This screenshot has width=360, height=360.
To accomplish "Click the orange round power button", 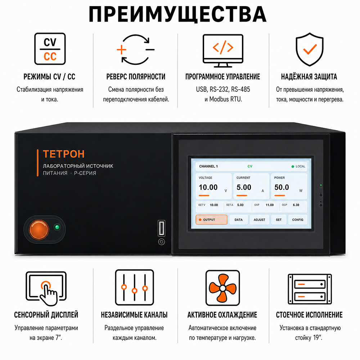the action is point(39,229).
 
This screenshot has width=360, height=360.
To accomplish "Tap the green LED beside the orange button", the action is point(57,227).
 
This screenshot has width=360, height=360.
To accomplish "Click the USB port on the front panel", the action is point(161,228).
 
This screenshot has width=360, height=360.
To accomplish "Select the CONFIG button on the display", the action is point(298,220).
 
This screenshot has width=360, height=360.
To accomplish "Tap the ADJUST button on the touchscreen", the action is point(260,220).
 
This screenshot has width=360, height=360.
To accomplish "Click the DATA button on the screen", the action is point(239,220).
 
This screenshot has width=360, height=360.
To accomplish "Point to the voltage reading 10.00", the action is point(208,187).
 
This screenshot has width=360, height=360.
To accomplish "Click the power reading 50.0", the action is point(282,187).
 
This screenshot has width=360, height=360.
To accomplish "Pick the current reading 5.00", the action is point(244,187).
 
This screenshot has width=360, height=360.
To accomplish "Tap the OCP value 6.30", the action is point(296,205).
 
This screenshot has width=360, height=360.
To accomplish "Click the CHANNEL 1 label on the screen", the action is point(208,166).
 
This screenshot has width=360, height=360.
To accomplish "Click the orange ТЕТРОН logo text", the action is point(64,154).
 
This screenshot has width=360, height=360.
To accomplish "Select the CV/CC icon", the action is point(50,49).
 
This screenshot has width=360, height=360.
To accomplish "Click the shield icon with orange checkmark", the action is point(310,49).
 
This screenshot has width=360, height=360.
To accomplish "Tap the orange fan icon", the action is point(223,288).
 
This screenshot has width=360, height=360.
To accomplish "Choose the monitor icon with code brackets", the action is point(223,51).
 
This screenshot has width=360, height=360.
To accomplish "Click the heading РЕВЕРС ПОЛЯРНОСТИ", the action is point(136,77).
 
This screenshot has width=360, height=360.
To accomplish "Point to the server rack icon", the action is point(310,289).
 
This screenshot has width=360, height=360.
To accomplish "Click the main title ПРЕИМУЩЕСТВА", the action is point(177,14).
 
